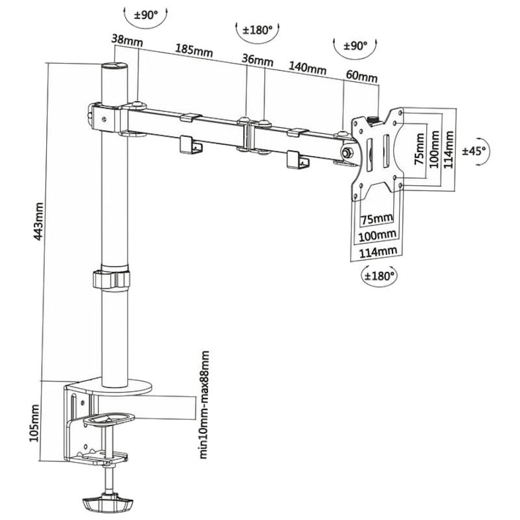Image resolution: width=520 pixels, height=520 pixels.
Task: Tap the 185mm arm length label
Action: pyautogui.click(x=189, y=50)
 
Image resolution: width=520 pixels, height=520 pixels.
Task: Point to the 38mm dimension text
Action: pyautogui.click(x=127, y=38)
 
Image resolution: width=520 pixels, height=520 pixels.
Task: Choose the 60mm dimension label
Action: pyautogui.click(x=361, y=76)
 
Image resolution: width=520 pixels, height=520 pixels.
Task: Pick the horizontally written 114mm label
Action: pyautogui.click(x=378, y=252)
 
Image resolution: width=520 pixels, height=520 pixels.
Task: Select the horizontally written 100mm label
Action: pyautogui.click(x=378, y=234)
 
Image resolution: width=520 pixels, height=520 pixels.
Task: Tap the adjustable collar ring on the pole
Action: pyautogui.click(x=110, y=279)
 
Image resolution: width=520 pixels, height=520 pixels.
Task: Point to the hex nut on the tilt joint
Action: pyautogui.click(x=346, y=151)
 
